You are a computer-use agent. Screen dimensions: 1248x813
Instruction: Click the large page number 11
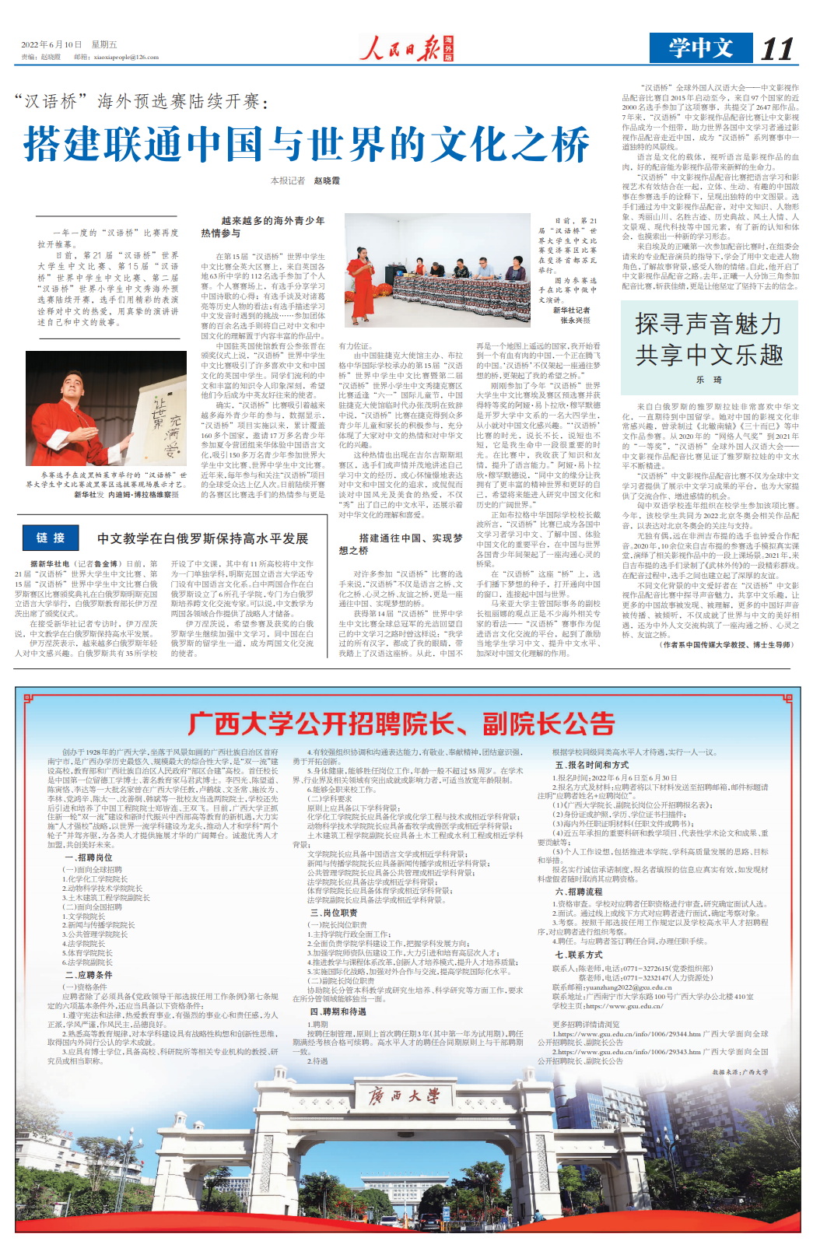(x=776, y=49)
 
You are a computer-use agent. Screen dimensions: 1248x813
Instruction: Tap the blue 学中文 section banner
(x=700, y=48)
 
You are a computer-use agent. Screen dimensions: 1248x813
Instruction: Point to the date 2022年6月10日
(x=51, y=45)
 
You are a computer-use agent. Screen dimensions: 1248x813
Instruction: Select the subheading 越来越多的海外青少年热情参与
(x=263, y=227)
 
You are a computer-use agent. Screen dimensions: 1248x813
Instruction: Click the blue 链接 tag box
(x=51, y=538)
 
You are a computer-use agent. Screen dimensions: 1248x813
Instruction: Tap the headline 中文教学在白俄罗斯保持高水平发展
(x=203, y=538)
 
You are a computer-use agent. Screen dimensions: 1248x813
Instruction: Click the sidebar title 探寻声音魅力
(x=708, y=324)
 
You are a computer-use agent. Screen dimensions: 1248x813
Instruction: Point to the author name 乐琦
(x=709, y=380)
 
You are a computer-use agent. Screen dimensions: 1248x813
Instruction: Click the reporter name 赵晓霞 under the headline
(x=327, y=181)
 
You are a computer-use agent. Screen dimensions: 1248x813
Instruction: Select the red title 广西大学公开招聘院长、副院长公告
(x=401, y=724)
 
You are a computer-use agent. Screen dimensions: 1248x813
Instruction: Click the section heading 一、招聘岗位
(x=89, y=857)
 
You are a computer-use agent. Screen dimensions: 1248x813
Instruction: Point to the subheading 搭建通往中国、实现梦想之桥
(x=401, y=544)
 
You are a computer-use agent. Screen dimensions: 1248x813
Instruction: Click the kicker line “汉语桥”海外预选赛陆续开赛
(x=141, y=101)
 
